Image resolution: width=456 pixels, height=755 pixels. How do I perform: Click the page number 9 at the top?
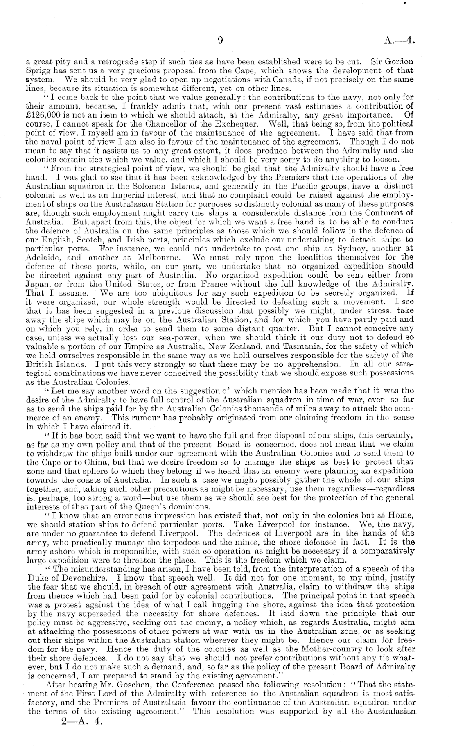click(220, 40)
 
